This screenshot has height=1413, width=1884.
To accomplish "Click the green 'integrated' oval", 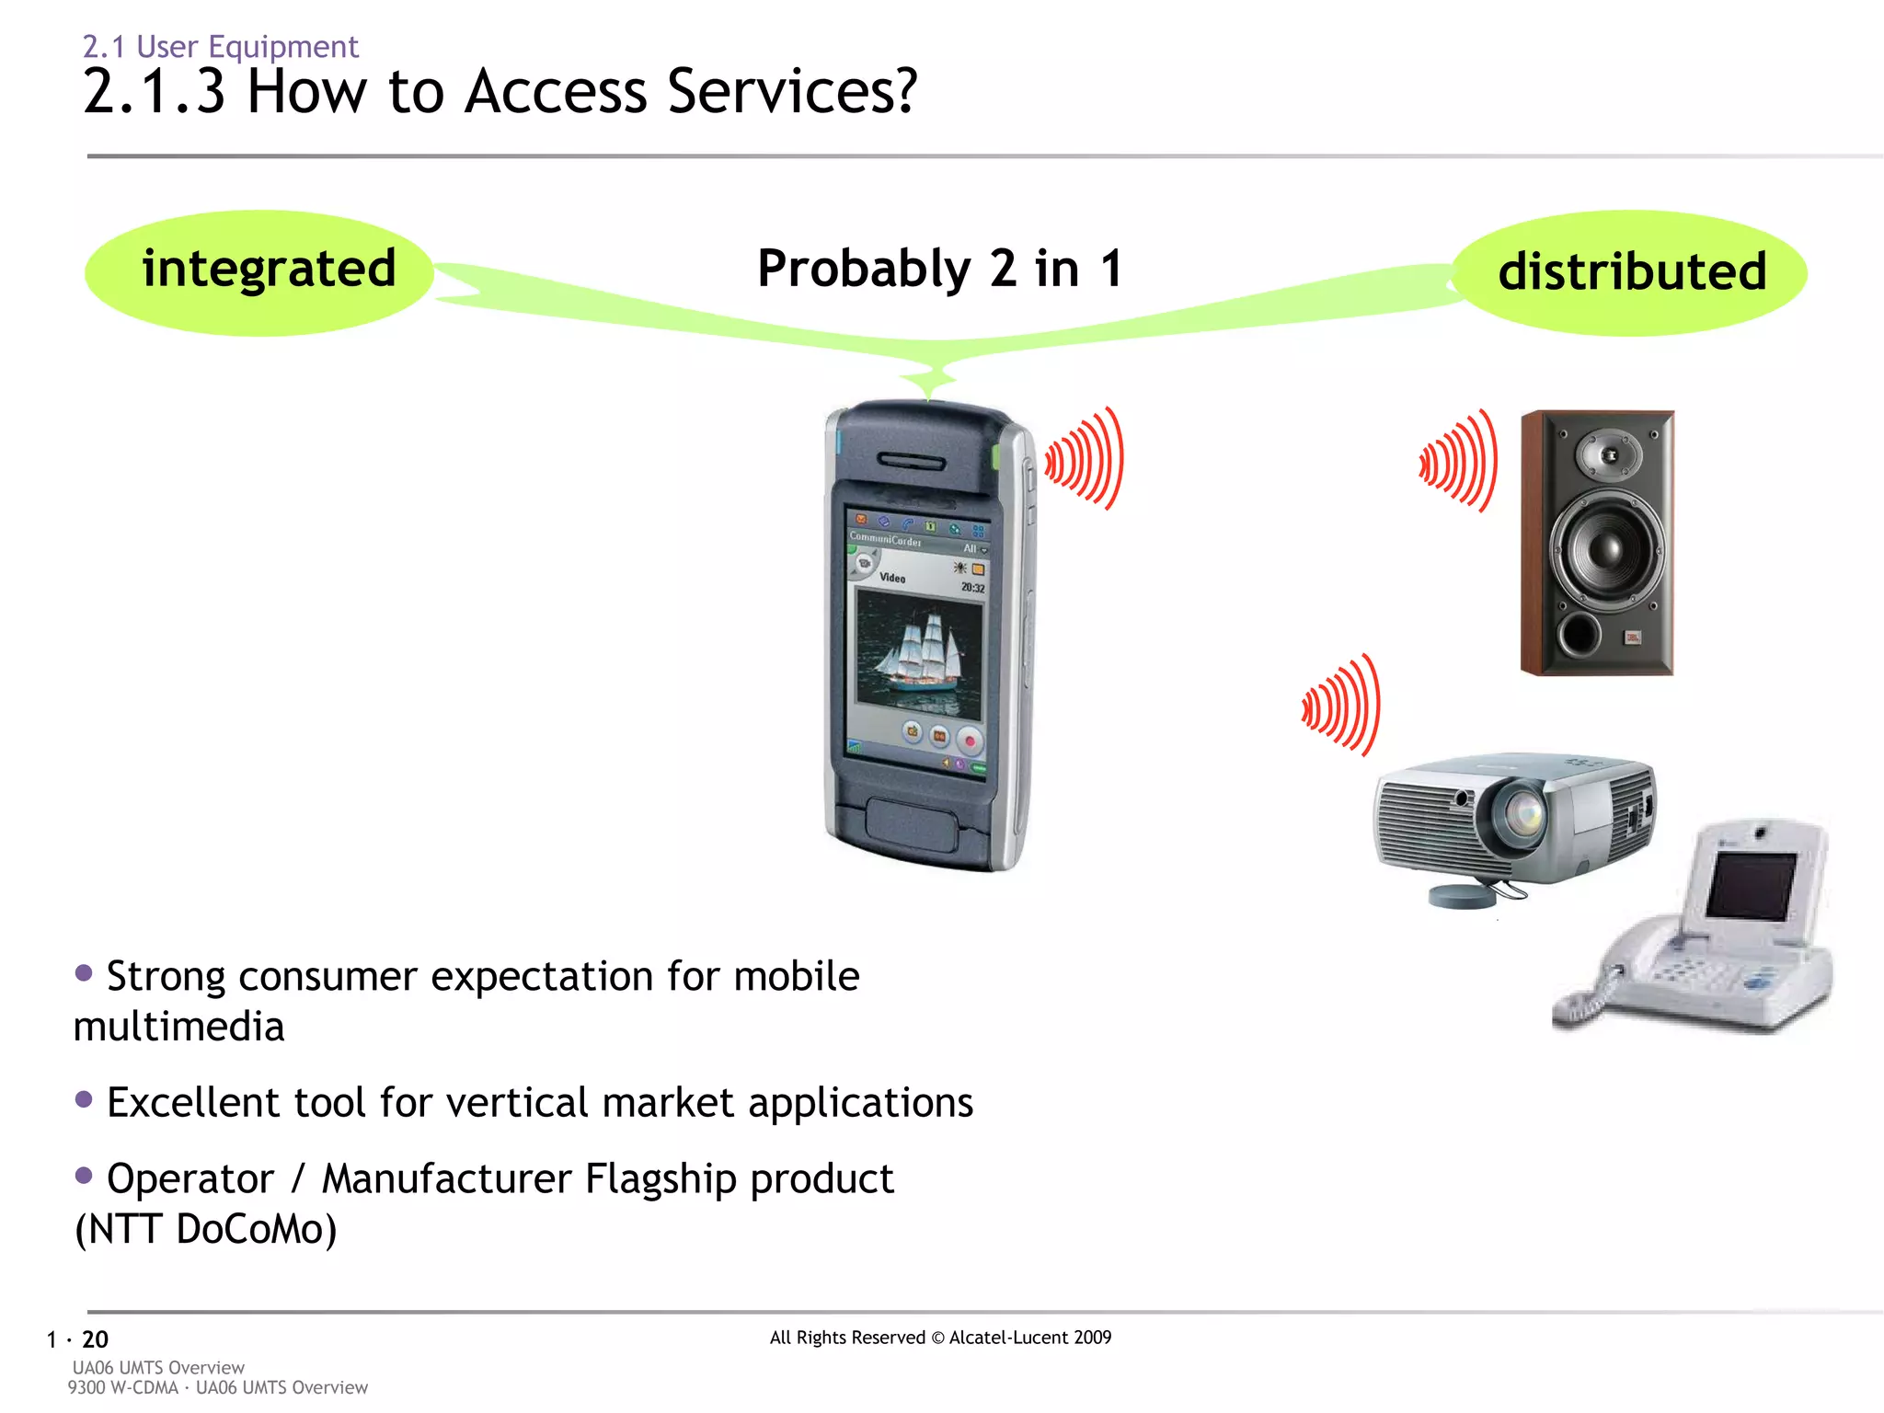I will pos(259,272).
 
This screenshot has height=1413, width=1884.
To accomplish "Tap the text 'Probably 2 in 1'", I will pos(939,269).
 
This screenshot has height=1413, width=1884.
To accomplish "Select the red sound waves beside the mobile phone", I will pos(1086,459).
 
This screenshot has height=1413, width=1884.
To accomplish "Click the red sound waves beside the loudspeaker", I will pos(1460,461).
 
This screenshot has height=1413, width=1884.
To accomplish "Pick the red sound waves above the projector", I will pos(1343,706).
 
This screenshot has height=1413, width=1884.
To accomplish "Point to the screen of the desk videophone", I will pos(1749,885).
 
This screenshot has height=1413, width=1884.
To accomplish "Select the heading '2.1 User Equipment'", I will pos(220,46).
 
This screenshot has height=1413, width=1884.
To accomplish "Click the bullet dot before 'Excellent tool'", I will pos(84,1098).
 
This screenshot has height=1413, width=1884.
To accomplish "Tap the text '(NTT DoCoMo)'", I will pos(205,1229).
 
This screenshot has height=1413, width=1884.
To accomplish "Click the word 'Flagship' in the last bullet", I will pos(661,1179).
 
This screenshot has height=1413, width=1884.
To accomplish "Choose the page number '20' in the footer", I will pos(95,1339).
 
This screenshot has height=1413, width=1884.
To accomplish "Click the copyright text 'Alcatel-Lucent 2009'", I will pos(1029,1338).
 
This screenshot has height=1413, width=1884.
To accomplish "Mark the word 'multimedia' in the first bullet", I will pos(178,1027).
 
